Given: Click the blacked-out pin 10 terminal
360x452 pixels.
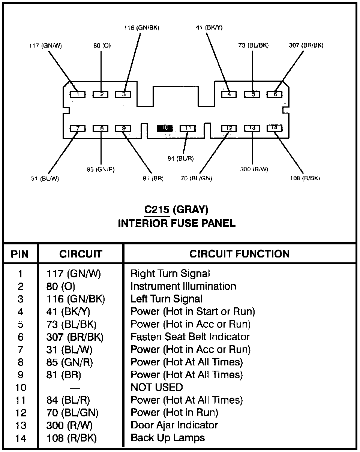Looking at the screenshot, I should click(x=165, y=128).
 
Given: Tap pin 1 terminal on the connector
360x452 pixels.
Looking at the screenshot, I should click(x=78, y=94).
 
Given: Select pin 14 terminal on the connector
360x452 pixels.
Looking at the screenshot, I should click(x=274, y=128).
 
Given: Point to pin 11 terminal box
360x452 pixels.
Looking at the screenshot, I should click(x=188, y=128).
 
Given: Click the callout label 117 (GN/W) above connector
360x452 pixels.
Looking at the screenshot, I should click(x=45, y=46).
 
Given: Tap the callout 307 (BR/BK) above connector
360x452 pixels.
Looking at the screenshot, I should click(x=306, y=45).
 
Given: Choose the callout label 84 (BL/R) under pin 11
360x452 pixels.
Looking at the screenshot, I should click(x=181, y=158).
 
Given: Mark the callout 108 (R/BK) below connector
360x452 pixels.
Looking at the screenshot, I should click(x=304, y=178).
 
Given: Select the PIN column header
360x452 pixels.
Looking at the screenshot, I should click(x=20, y=254).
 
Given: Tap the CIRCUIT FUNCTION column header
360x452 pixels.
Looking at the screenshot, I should click(x=239, y=254).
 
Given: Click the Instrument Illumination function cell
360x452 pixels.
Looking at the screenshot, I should click(x=183, y=286).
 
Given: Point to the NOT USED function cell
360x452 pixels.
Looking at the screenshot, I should click(x=156, y=387).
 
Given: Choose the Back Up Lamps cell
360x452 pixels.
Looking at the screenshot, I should click(x=168, y=438).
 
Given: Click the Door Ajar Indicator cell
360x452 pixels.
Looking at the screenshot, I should click(x=174, y=425).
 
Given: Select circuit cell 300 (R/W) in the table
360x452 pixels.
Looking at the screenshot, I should click(x=69, y=425).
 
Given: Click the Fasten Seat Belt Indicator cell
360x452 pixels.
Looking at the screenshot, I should click(x=190, y=337).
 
